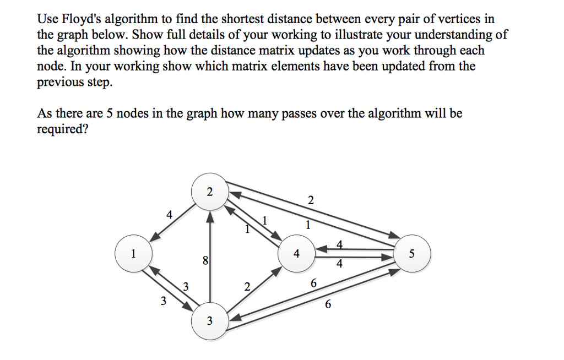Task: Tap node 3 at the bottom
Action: pos(209,321)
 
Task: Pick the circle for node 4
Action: pos(297,254)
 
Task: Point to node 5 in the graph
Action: pos(413,254)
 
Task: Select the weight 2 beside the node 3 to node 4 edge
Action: pos(246,286)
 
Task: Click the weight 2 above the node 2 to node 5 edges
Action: pos(311,200)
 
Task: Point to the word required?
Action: pos(63,129)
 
